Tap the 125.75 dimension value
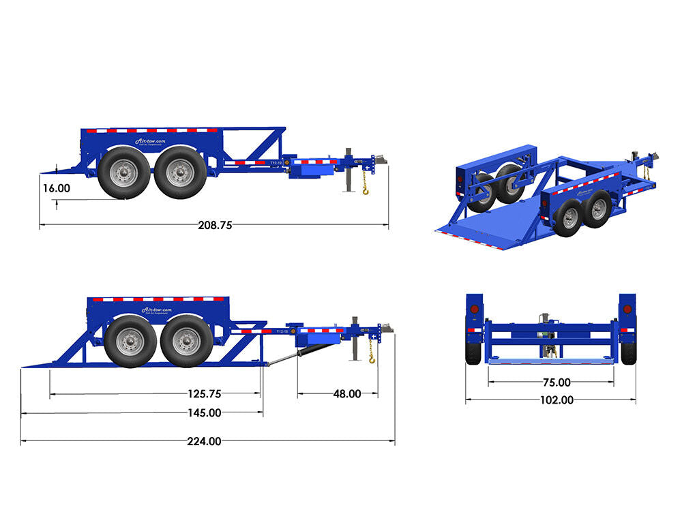tap(204, 393)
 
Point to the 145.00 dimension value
tap(204, 412)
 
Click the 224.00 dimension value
tap(204, 441)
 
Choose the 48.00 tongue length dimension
tap(346, 393)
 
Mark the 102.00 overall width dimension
tap(557, 401)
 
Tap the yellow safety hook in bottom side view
tap(372, 358)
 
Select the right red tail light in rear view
tap(627, 310)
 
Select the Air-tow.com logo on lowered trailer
tap(158, 310)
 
